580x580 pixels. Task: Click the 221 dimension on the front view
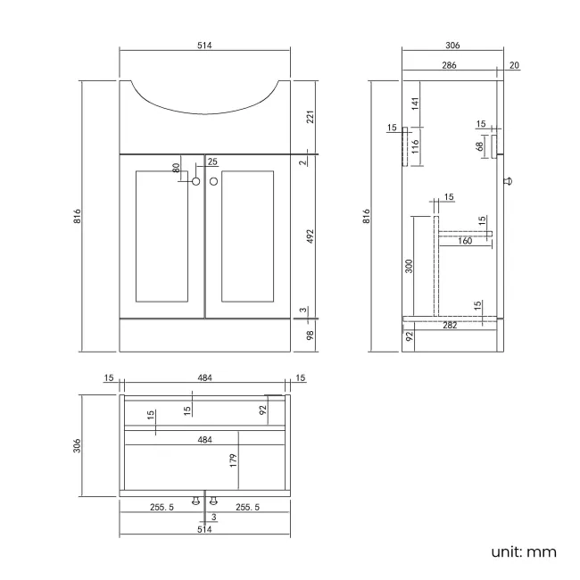click(x=311, y=116)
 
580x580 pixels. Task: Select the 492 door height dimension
click(x=311, y=236)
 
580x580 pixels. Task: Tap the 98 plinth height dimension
click(x=311, y=335)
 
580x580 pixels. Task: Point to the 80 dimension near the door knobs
click(x=177, y=167)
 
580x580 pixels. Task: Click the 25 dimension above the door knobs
click(x=211, y=162)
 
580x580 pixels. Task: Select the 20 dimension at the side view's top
click(x=515, y=66)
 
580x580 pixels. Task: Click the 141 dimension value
click(x=415, y=104)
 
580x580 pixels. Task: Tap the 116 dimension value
click(x=415, y=145)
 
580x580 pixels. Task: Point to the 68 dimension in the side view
click(x=479, y=145)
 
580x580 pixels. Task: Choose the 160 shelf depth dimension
click(x=465, y=240)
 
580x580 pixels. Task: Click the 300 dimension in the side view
click(x=410, y=267)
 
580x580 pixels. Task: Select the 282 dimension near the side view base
click(x=450, y=326)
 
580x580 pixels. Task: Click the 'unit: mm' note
click(x=523, y=551)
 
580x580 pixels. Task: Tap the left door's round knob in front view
click(x=196, y=182)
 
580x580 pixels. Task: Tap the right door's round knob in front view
click(x=213, y=182)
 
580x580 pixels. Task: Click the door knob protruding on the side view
click(x=510, y=181)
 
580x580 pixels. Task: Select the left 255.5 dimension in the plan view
click(x=162, y=507)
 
